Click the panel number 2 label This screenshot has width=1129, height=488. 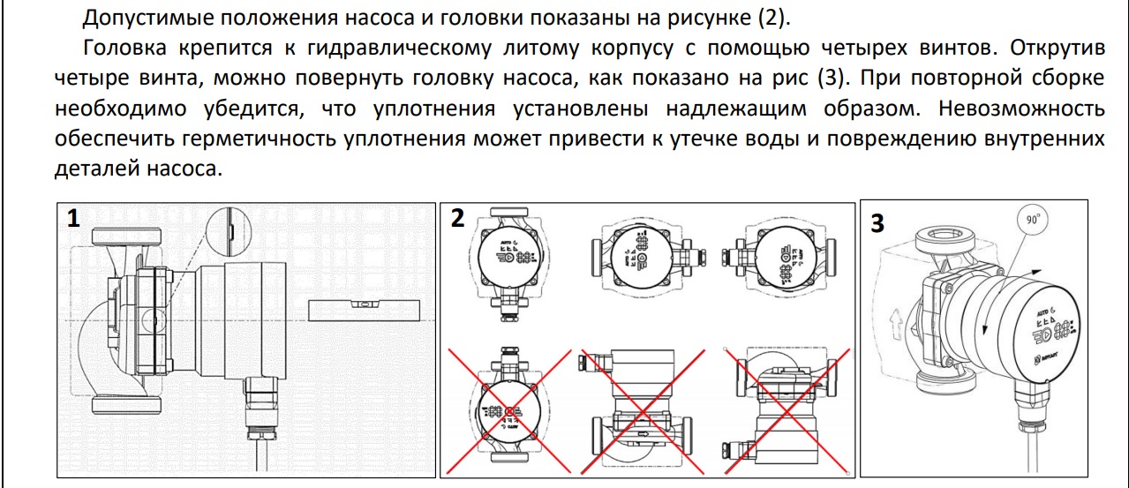click(x=457, y=219)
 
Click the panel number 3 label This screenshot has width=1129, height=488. click(x=877, y=224)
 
